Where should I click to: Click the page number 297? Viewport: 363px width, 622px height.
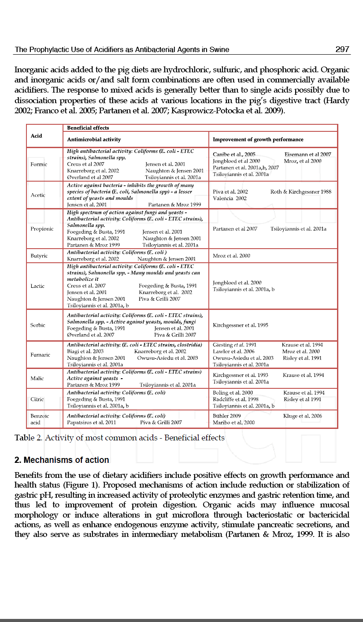point(342,49)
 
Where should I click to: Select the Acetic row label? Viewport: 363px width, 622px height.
point(38,195)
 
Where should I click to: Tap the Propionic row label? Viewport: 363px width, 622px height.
point(42,229)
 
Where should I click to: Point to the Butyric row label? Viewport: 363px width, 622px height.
point(39,256)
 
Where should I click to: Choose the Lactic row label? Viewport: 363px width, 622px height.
point(37,286)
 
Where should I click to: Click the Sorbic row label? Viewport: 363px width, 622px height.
point(38,325)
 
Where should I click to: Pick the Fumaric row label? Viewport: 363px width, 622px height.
point(40,355)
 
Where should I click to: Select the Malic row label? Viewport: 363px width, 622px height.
point(37,378)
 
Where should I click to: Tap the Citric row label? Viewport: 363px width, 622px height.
point(37,399)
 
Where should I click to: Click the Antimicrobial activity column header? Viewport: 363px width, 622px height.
point(94,139)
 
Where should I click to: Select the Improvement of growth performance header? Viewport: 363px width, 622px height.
point(258,139)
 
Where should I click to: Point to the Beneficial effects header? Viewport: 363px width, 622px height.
point(88,128)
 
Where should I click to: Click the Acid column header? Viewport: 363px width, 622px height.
point(37,136)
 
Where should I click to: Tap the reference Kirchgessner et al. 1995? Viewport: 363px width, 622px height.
point(240,325)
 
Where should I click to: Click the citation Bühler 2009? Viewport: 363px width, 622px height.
point(226,416)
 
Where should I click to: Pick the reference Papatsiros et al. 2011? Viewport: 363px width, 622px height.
point(92,422)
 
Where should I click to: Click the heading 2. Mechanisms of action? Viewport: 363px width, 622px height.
point(62,460)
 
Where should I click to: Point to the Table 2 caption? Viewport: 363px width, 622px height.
point(119,438)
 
